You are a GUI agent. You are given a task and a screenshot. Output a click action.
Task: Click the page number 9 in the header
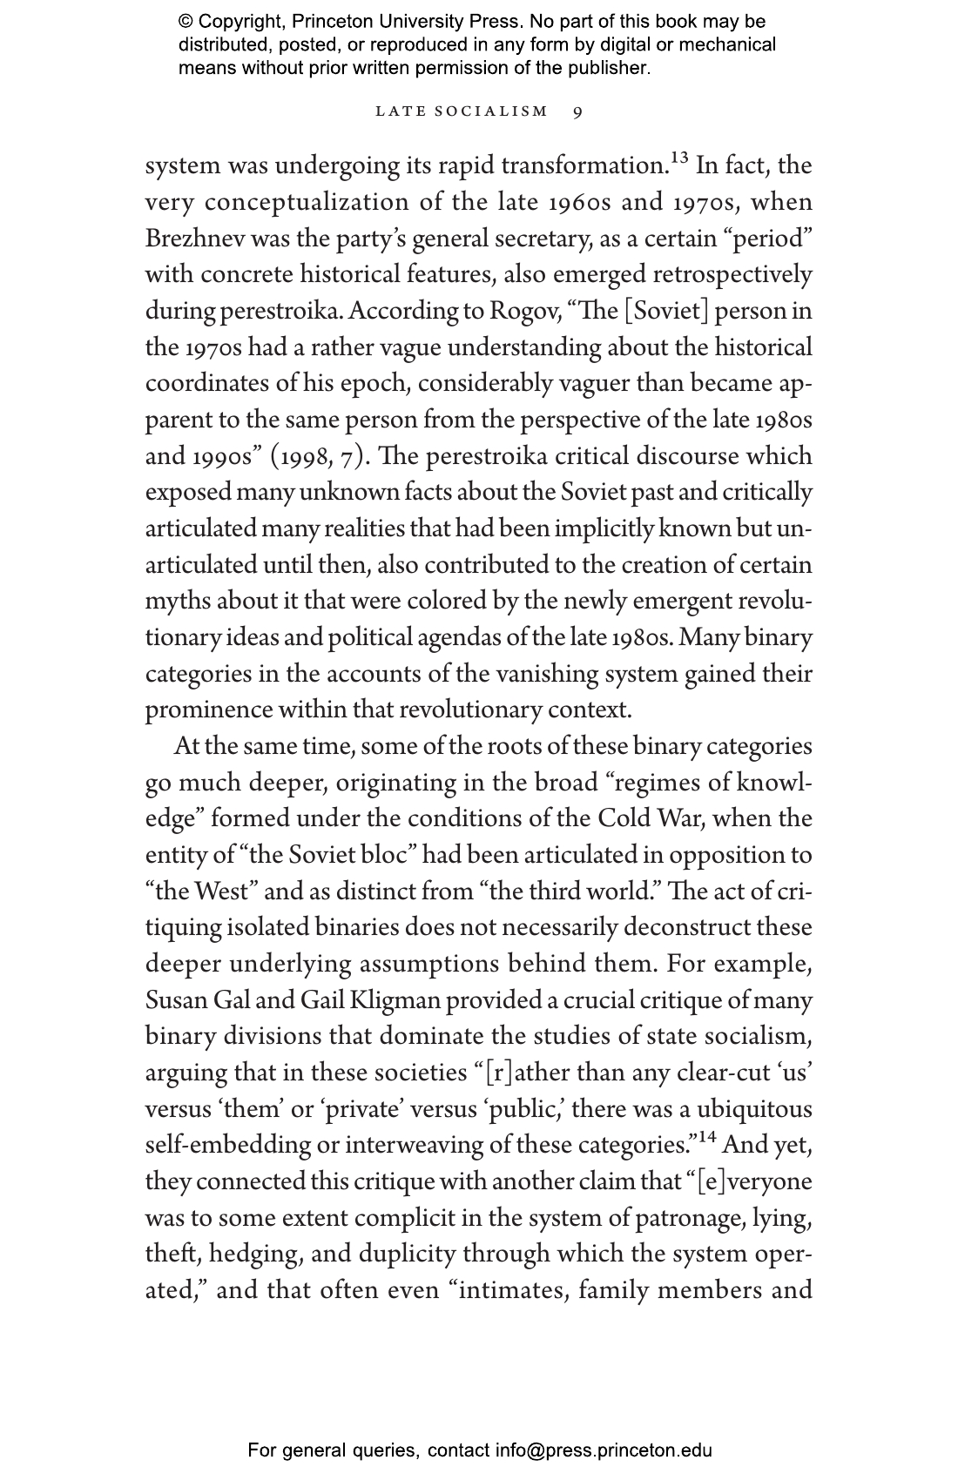click(x=578, y=111)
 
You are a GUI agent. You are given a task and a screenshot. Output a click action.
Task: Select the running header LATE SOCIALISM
click(x=462, y=111)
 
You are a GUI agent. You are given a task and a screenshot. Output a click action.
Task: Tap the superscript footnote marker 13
click(x=679, y=158)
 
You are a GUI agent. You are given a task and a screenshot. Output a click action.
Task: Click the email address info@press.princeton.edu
click(x=604, y=1450)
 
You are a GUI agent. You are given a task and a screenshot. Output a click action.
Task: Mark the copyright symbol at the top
click(x=186, y=22)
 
